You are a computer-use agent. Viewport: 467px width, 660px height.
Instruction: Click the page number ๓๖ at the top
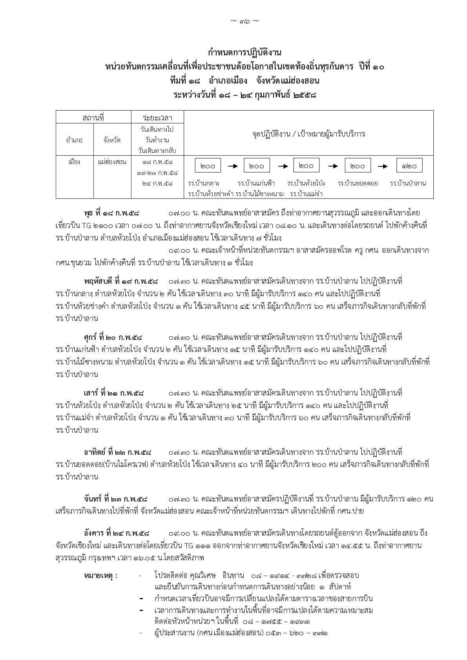(x=244, y=21)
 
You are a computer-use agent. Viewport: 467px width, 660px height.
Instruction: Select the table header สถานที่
(x=93, y=117)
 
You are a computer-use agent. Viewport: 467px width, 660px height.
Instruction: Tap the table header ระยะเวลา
(x=158, y=117)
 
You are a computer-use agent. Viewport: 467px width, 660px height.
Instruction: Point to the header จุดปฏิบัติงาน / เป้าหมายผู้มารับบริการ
(x=308, y=134)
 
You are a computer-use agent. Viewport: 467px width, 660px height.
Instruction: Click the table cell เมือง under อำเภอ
(x=74, y=162)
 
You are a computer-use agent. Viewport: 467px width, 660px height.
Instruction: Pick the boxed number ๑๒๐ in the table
(x=409, y=166)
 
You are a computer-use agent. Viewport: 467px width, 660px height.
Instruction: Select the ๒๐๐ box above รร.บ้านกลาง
(x=208, y=166)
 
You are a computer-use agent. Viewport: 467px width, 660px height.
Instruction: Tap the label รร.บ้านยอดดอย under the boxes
(x=358, y=183)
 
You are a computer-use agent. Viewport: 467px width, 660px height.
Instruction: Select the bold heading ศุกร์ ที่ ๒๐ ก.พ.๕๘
(x=113, y=337)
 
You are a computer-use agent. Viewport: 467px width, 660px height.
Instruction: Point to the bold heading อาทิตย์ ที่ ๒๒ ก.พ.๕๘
(x=118, y=452)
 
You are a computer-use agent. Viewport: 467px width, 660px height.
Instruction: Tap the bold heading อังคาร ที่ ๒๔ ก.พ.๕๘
(x=117, y=533)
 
